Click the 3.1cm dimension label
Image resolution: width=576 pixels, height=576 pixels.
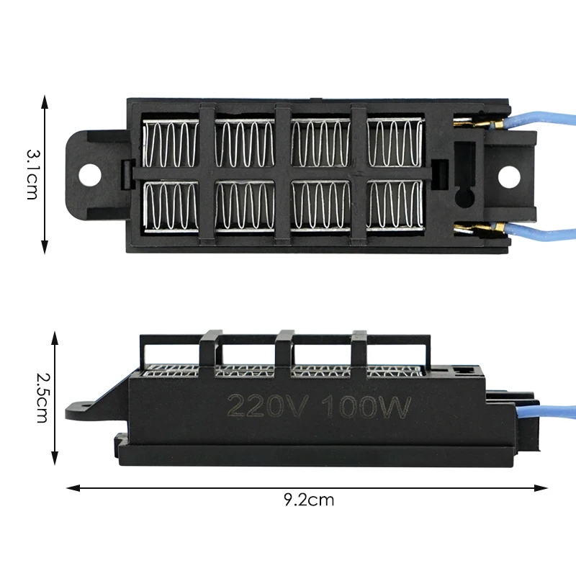[x=32, y=174]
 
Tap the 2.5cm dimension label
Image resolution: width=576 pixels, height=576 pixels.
[x=42, y=398]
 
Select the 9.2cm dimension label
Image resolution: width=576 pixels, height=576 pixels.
[x=309, y=500]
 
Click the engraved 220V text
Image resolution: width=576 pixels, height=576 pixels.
[x=266, y=406]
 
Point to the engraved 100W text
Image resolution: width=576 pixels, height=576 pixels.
[x=366, y=407]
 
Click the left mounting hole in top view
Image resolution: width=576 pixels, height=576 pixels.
[x=89, y=175]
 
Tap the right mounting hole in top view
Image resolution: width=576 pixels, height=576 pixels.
[x=509, y=176]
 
